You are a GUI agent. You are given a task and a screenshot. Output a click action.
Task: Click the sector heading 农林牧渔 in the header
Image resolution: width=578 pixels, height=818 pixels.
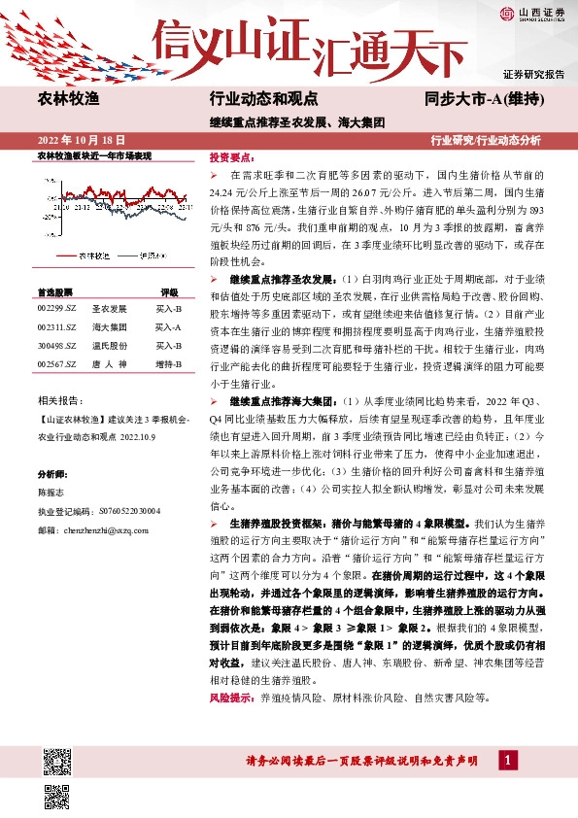click(x=69, y=99)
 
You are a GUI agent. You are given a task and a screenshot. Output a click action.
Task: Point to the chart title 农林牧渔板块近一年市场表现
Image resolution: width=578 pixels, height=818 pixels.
click(x=94, y=155)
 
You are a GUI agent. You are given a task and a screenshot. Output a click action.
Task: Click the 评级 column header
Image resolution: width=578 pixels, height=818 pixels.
click(x=169, y=291)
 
